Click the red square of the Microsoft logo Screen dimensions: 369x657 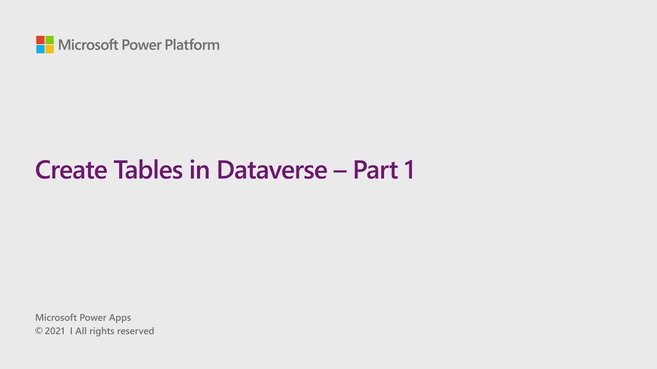coord(40,40)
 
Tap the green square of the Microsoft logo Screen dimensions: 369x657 coord(49,40)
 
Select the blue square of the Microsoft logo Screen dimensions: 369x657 coord(40,49)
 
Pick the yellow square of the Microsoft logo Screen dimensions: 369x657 coord(49,49)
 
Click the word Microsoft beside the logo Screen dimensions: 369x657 coord(88,45)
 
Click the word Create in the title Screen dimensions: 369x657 coord(71,170)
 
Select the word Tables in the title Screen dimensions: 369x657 coord(148,170)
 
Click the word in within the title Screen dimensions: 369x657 coord(199,170)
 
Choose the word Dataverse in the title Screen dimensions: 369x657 coord(272,170)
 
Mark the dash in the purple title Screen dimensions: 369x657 coord(340,171)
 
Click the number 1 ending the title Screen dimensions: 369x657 coord(409,170)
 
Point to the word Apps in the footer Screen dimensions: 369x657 coord(119,318)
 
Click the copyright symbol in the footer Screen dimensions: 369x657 coord(38,331)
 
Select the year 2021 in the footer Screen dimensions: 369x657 coord(55,331)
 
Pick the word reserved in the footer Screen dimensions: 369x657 coord(136,331)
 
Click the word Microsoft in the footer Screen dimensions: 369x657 coord(56,318)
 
